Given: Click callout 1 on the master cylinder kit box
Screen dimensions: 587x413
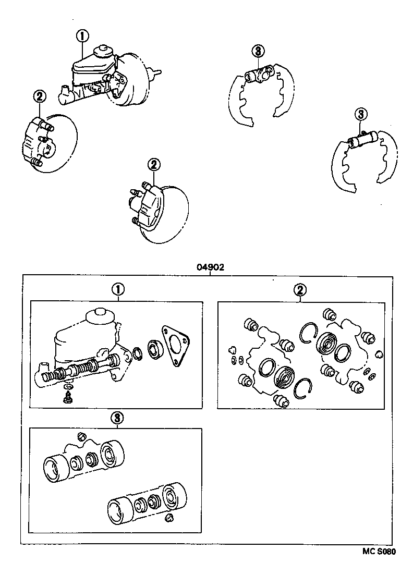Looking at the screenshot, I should point(118,289).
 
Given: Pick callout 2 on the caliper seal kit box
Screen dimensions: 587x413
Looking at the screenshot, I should point(299,290).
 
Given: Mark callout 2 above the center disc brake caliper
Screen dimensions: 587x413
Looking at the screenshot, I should point(153,165).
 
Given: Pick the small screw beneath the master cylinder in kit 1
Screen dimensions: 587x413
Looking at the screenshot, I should point(67,398).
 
